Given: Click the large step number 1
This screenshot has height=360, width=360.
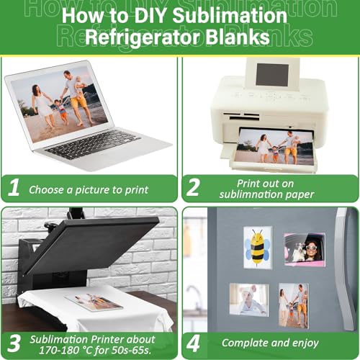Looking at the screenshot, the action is point(14,188).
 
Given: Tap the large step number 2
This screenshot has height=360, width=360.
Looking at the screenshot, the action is point(193,187).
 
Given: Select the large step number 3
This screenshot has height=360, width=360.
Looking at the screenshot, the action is point(14,343).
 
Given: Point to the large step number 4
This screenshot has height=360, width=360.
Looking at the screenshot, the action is point(193,343).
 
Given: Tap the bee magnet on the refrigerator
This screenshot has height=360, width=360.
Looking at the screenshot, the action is point(258,248).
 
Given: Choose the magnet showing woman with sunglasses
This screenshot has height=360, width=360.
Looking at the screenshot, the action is point(305,250).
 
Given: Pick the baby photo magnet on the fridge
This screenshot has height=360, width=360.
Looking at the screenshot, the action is point(249,300).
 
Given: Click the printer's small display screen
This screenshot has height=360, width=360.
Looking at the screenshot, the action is point(272,75).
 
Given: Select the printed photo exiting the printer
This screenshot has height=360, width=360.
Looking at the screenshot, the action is point(275,147).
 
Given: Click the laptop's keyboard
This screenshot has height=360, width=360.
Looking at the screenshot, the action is point(92,144).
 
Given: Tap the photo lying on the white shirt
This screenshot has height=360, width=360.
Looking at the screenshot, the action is point(94,302).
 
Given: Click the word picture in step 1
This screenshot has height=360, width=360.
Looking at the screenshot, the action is point(92,190).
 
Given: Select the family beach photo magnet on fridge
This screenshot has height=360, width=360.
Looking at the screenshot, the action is point(294,305).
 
